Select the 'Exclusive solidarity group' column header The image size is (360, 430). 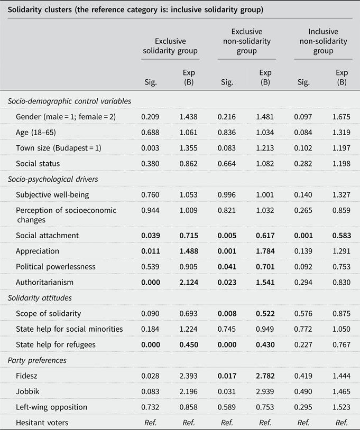click(x=170, y=46)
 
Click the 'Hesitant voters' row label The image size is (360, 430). click(x=42, y=423)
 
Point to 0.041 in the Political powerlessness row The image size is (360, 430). click(x=227, y=266)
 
